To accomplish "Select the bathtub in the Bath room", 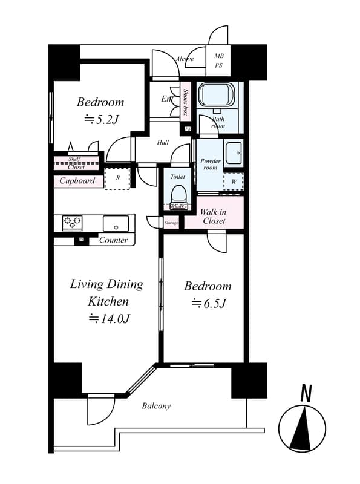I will tap(216, 96).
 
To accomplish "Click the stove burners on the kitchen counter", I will tap(72, 223).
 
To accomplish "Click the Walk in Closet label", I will tap(214, 216).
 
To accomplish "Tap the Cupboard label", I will tap(77, 180).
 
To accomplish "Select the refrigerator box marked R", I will tap(117, 178).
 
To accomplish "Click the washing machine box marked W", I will tap(234, 181).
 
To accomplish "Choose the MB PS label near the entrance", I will tap(219, 60).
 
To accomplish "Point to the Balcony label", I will tap(156, 406).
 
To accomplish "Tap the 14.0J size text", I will tap(110, 318).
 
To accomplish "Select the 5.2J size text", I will tap(100, 120).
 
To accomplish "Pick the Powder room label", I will tap(210, 164).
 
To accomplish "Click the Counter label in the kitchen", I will tap(113, 240).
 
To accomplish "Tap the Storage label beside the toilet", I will tap(171, 223).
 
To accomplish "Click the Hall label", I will tap(163, 143).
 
